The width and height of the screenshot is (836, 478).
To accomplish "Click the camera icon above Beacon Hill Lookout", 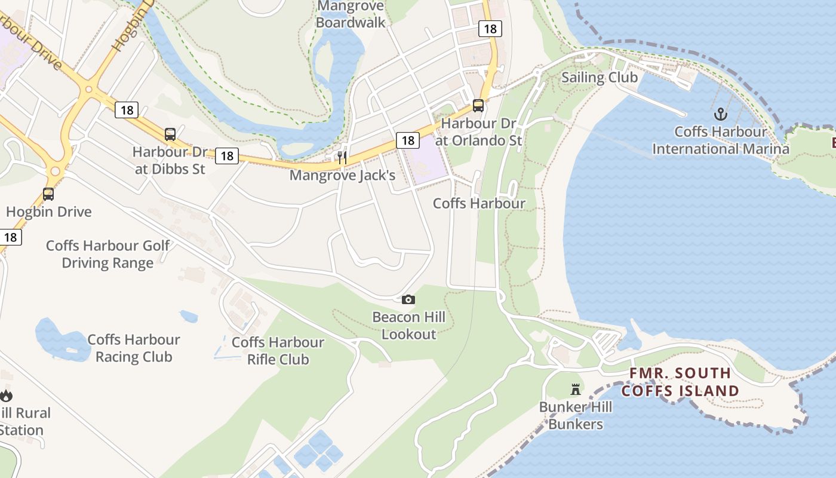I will click(408, 299).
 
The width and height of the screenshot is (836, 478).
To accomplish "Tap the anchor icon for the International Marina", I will click(721, 114).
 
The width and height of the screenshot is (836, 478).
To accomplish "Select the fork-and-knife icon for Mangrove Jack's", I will click(342, 157).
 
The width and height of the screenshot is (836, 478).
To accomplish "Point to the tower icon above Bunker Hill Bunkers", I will click(576, 390).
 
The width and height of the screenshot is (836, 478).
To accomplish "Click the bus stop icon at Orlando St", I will click(478, 106).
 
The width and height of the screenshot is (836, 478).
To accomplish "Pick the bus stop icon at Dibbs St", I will click(170, 134).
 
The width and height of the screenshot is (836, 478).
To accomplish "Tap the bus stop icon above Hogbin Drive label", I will click(48, 194).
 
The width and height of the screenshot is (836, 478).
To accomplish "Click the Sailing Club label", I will click(600, 78).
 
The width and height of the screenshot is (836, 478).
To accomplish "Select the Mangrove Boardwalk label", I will click(351, 14).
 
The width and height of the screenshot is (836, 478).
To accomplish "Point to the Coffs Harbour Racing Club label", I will click(134, 348).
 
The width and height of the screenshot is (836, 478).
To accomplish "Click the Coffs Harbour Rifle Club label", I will click(278, 351).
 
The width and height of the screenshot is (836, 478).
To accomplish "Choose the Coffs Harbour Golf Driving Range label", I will click(108, 254).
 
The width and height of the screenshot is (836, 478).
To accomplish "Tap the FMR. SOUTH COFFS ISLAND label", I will click(680, 382).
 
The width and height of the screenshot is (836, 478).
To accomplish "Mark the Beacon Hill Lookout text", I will click(409, 325).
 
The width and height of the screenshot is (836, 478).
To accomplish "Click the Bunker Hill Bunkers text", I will click(576, 416).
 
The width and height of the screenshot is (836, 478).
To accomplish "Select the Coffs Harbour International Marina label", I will click(721, 140).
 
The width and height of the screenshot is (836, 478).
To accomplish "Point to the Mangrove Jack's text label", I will click(342, 176).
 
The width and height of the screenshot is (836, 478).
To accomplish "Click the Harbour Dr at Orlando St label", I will click(478, 131).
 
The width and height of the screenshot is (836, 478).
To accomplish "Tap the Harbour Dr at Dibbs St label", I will click(170, 160).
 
